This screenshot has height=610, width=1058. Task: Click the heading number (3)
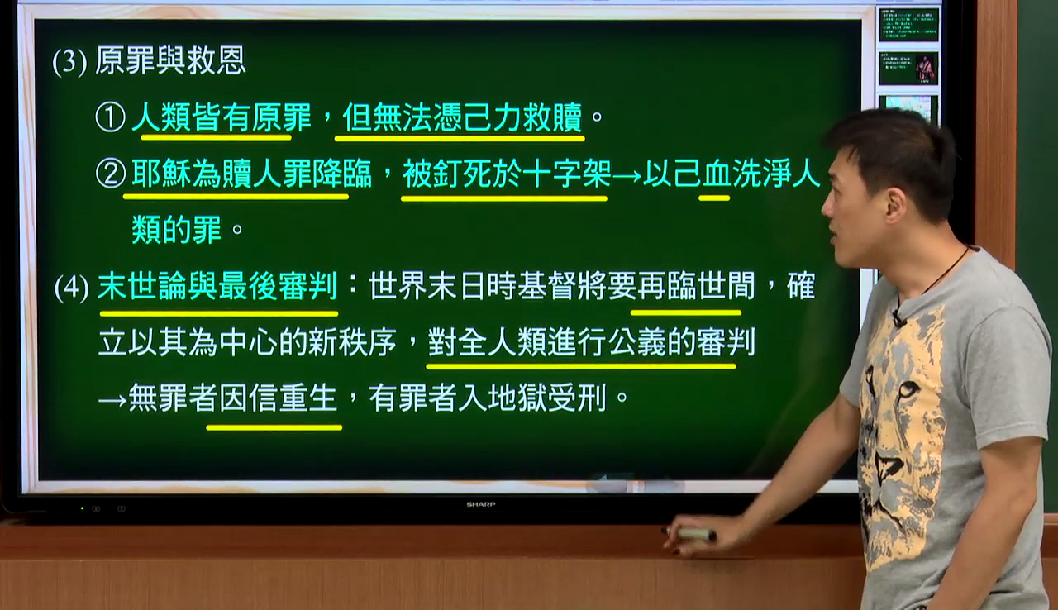(69, 62)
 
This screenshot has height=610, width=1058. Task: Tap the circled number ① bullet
(110, 117)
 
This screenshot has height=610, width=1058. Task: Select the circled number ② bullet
(111, 174)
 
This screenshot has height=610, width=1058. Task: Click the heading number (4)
(71, 287)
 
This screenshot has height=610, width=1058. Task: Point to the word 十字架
(567, 174)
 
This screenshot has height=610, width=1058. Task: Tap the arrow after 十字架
(627, 175)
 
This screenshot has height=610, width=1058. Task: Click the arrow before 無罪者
(113, 400)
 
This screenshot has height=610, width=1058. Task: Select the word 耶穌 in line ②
(161, 174)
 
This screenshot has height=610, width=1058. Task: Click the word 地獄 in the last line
(517, 398)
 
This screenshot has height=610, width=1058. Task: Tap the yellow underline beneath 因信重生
(274, 428)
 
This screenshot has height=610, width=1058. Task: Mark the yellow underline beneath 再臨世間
(686, 312)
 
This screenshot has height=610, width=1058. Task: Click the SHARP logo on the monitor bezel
(481, 504)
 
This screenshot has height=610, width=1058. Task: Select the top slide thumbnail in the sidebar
(908, 24)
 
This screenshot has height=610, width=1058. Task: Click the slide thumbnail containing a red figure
(908, 69)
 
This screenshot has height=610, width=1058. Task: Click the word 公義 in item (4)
(637, 342)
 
